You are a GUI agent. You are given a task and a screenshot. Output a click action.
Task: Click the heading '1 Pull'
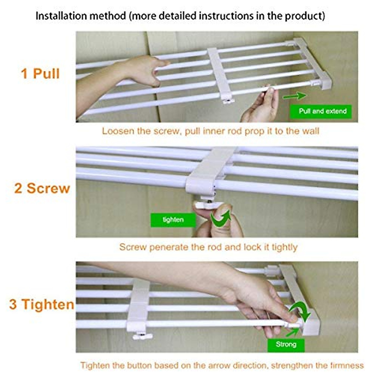[x=40, y=74]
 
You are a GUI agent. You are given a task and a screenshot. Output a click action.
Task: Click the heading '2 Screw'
[x=42, y=188]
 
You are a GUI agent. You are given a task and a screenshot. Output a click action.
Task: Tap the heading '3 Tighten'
[x=42, y=304]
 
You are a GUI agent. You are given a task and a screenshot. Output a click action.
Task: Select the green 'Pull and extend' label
[x=323, y=111]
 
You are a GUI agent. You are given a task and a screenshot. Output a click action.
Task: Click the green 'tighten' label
[x=173, y=220]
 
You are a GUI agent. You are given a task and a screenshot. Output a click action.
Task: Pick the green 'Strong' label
[x=286, y=344]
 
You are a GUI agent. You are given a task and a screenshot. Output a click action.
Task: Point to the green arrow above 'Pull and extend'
[x=295, y=96]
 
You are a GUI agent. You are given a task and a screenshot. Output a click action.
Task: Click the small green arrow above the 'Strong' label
[x=292, y=332]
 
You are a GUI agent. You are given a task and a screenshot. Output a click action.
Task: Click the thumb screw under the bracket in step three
[x=142, y=336]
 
